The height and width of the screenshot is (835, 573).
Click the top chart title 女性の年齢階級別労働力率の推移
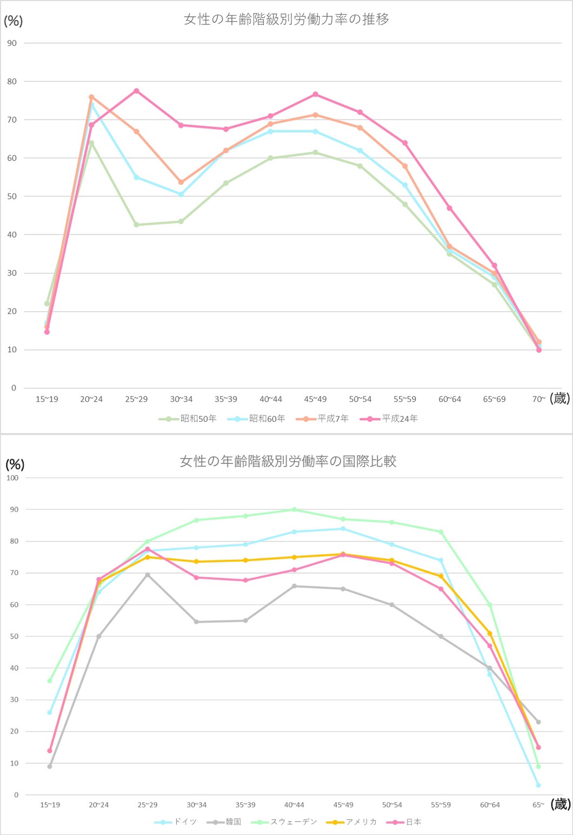coord(286,19)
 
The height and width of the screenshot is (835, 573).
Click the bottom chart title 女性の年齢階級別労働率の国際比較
coord(288,461)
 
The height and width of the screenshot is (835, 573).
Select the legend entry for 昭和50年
coord(188,419)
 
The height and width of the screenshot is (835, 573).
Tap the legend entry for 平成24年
coord(389,419)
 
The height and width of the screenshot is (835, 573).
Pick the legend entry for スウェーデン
coord(284,821)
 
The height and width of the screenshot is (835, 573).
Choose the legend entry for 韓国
coord(224,821)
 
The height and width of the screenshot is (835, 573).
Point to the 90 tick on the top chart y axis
coord(12,43)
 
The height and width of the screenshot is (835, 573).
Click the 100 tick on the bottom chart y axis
coord(12,478)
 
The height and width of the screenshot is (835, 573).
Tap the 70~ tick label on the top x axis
coord(539,399)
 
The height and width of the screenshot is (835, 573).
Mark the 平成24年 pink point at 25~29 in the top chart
coord(137,91)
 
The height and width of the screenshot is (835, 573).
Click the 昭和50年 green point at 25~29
coord(137,225)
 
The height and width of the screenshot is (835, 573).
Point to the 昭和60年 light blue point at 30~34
coord(181,194)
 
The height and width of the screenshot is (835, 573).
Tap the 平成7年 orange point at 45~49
coord(316,115)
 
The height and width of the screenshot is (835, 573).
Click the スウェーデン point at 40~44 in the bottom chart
coord(294,509)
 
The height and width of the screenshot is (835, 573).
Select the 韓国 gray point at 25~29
coord(148,575)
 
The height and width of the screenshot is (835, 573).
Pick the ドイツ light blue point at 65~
coord(538,785)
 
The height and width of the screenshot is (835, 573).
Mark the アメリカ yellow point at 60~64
coord(490,634)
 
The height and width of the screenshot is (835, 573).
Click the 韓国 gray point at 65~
coord(538,722)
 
